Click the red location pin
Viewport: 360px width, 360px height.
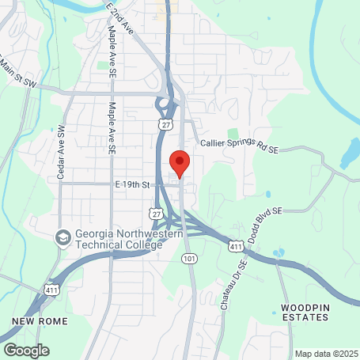coord(180,163)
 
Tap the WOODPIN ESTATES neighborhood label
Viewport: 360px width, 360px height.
coord(304,311)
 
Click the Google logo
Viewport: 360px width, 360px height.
coord(26,349)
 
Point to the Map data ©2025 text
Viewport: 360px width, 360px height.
coord(326,354)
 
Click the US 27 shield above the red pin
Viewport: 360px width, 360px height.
coord(165,125)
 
